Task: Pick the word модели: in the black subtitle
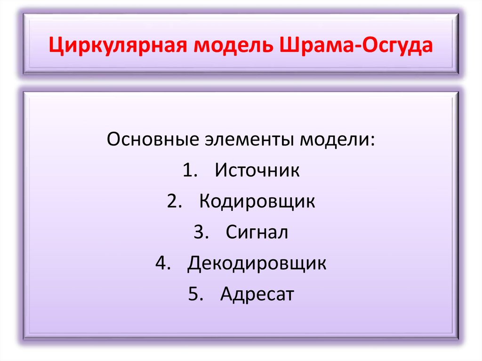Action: [x=340, y=139]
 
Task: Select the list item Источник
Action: [x=257, y=170]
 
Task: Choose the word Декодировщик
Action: [x=257, y=264]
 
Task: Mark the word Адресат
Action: [x=257, y=295]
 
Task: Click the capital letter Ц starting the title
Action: [x=57, y=47]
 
